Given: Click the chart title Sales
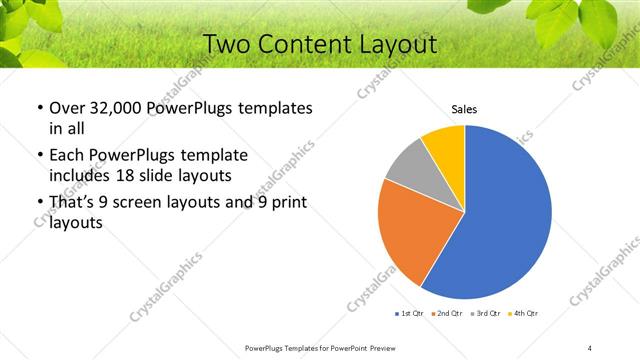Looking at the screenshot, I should coord(464,109).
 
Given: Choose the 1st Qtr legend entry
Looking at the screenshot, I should coord(411,313).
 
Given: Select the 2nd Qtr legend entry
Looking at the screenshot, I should coord(447,313).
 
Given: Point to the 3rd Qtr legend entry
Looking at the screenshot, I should coord(485,313).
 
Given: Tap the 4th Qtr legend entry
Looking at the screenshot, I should coord(523,313).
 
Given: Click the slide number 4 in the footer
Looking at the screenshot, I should coord(590,347).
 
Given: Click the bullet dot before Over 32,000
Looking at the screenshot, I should coord(39,108).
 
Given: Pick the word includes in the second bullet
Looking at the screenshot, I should coord(81,176).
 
